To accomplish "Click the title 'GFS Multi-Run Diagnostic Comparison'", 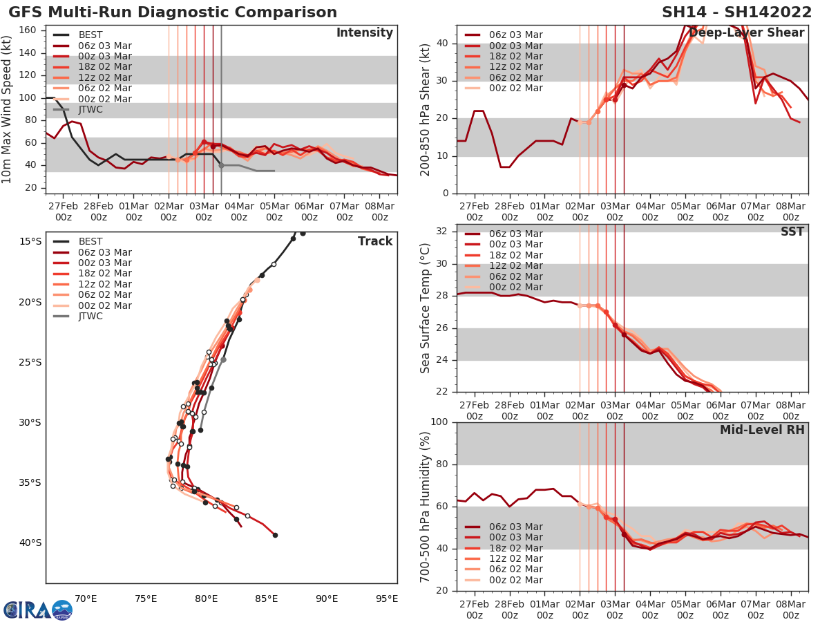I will coord(173,12).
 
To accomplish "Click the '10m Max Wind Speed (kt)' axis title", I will coord(8,109).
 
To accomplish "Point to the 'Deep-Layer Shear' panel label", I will coord(746,33).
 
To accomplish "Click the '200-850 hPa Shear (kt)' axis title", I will coord(426,109).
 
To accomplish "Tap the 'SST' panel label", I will coord(792,232).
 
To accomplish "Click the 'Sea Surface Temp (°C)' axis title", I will coord(426,308).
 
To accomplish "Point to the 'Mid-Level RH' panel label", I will coord(762,430).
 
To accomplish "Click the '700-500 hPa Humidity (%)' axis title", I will coord(426,506).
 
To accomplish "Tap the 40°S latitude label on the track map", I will coord(31,543).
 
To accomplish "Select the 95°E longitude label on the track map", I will coord(387,599).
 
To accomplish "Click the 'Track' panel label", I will coord(375,241).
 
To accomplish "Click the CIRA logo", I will coord(37,610).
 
